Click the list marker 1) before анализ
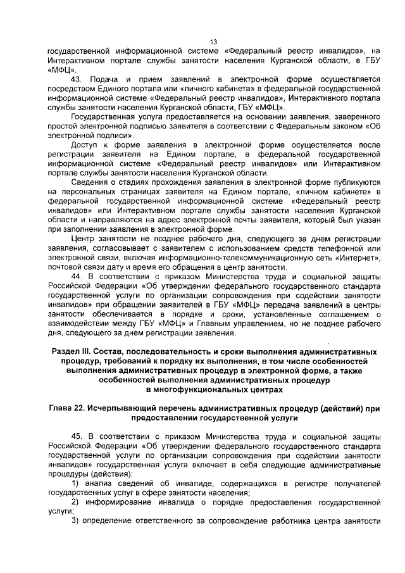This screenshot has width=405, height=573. [75, 484]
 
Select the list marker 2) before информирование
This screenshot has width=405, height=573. [75, 502]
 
